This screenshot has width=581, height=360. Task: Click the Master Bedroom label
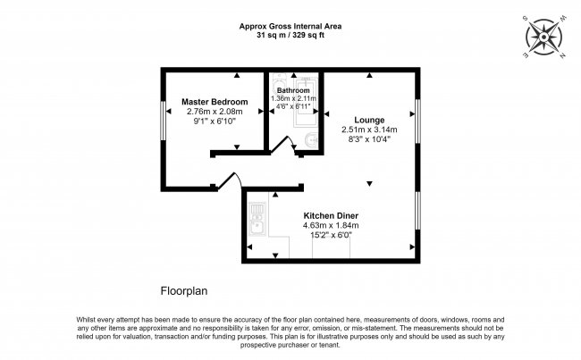coord(215,102)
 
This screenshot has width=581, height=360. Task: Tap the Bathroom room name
coord(293,90)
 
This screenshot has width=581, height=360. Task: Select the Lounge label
coord(369,120)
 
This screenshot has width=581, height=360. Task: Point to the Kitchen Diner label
coord(331,216)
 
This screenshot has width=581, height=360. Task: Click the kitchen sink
coord(257,219)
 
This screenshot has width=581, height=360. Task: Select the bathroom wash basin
coord(310,139)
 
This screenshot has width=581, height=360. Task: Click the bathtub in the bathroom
coord(306,102)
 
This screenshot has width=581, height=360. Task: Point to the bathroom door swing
coord(284,144)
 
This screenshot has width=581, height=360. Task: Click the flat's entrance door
coord(229,180)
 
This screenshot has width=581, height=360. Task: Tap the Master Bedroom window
coord(163,121)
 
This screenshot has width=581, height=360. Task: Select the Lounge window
coord(417,121)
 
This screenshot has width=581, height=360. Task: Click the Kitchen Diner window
coord(417,211)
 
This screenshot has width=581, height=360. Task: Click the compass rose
coord(543,37)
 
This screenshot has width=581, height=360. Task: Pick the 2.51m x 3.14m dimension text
coord(369,130)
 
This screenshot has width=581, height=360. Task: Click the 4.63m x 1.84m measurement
coord(331,225)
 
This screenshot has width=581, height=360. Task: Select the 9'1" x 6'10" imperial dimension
coord(215,121)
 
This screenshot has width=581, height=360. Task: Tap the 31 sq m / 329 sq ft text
coord(290,35)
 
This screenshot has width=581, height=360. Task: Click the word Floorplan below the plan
coord(184,291)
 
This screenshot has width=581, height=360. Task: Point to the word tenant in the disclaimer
coord(330,345)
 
